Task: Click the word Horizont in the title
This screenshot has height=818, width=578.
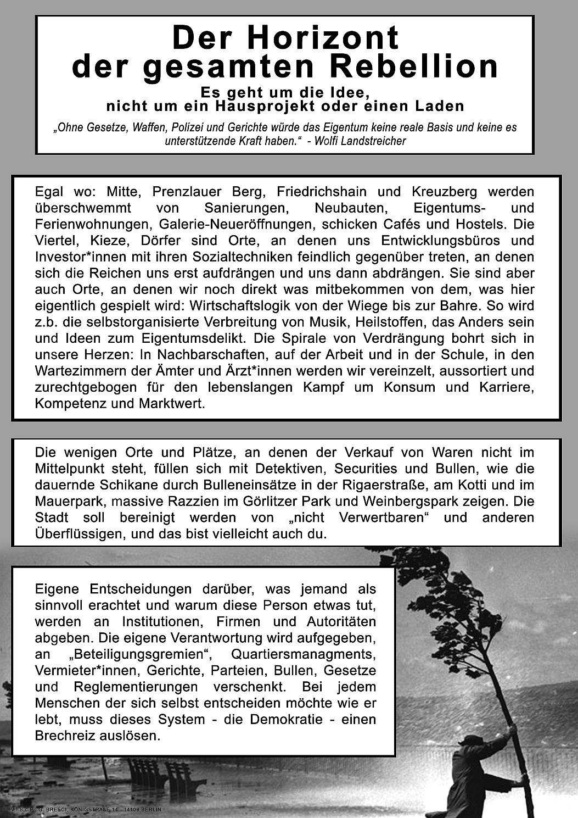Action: [x=323, y=38]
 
